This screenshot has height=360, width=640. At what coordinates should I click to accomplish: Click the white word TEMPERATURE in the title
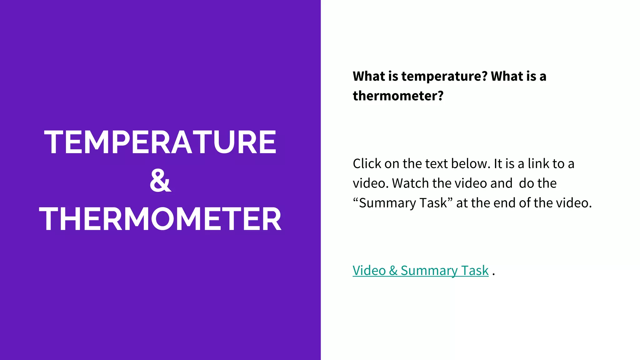pos(160,142)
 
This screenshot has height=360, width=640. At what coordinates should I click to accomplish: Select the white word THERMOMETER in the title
pos(160,219)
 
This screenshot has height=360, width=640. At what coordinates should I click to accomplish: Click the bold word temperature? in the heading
pos(444,77)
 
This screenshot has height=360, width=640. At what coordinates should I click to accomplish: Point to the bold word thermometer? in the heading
pos(398,96)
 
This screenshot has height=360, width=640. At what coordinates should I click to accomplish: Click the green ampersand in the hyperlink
pos(393,271)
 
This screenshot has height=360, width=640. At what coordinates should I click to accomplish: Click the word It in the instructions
pos(497,164)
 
